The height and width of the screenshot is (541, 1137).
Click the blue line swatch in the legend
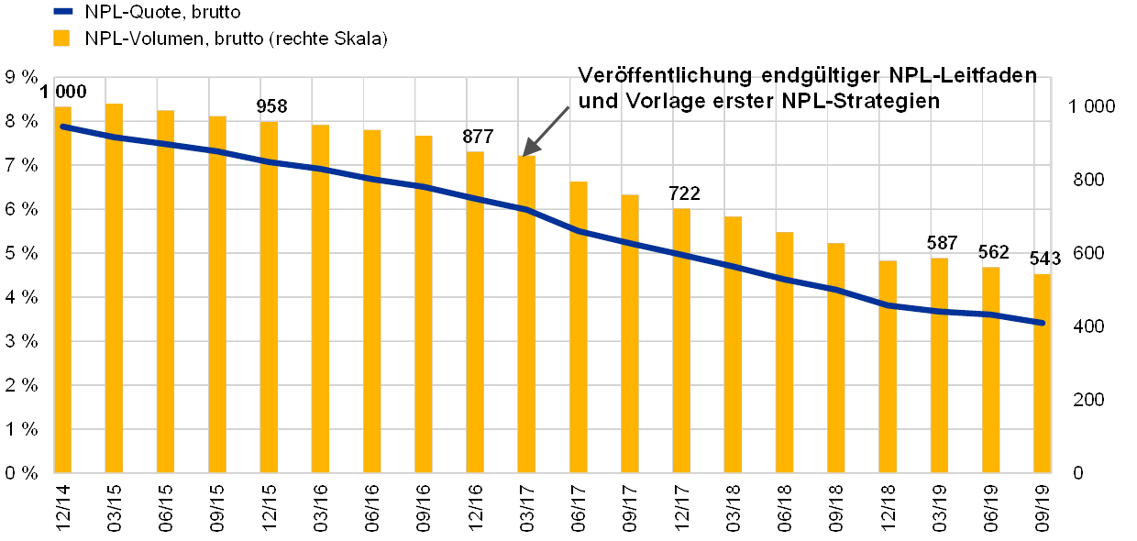point(63,12)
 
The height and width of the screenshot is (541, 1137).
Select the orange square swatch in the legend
point(61,39)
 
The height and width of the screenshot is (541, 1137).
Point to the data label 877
point(478,137)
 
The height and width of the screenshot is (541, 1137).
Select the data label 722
point(685,194)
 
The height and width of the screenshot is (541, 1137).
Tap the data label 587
point(942,244)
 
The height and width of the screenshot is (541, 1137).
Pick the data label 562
point(993,252)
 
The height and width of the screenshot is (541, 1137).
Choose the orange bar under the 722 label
point(681,340)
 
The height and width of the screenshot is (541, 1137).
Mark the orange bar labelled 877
point(475,312)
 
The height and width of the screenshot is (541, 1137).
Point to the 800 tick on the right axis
point(1089,181)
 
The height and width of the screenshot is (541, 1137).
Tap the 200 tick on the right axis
point(1089,399)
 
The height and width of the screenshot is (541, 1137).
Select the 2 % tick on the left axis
point(22,384)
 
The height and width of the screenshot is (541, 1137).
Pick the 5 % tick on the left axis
point(22,253)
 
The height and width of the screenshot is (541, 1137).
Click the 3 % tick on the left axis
point(22,340)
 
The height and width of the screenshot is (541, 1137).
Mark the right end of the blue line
point(1043,323)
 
